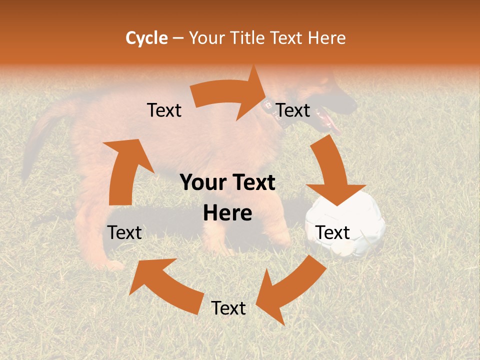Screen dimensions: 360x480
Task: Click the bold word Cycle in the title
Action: click(146, 38)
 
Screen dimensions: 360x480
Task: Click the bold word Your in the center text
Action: click(202, 182)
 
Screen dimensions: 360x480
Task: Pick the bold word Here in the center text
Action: click(227, 213)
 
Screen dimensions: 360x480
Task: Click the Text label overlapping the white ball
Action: click(333, 232)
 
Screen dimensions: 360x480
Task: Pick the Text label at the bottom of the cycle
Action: click(228, 308)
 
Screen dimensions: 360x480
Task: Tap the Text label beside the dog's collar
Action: click(293, 110)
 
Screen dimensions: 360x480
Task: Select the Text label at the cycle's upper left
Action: click(164, 110)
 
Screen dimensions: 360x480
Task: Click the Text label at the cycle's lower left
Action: click(125, 232)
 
